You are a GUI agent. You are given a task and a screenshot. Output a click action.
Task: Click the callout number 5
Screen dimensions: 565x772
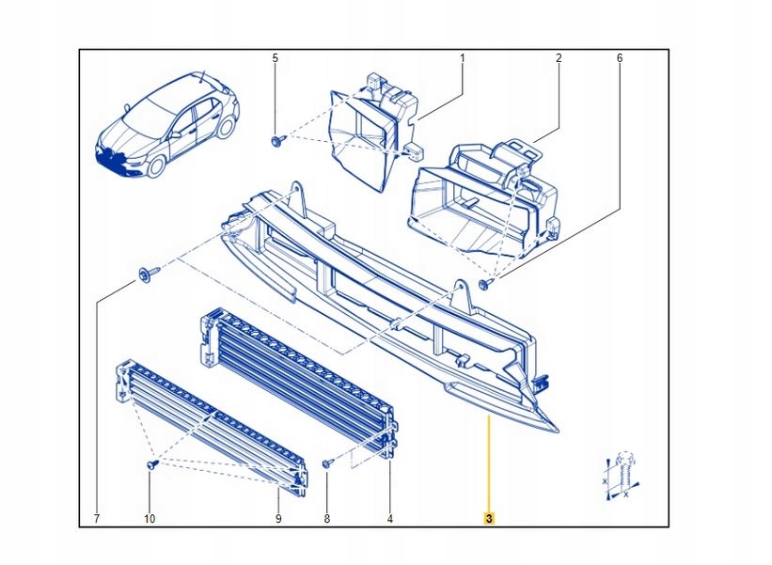point(276,58)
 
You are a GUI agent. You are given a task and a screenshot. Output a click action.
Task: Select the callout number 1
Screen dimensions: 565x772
point(462,58)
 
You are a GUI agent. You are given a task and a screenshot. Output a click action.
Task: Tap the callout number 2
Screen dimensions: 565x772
point(559,58)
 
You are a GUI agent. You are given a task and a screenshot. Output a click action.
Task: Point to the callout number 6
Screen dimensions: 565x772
point(619,58)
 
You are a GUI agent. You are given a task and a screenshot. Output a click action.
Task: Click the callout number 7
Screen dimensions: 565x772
point(97,518)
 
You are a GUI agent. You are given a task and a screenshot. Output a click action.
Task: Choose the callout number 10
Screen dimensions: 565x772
point(150,518)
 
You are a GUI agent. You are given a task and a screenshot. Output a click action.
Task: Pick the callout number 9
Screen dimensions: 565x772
point(278,518)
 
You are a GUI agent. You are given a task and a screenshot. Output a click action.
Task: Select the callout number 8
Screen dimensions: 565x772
point(327,518)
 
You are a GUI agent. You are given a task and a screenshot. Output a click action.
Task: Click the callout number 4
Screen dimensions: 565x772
point(389,518)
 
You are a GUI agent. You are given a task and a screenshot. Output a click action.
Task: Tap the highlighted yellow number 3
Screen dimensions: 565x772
point(489,518)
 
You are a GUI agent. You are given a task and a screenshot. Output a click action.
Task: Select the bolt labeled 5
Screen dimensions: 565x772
point(276,141)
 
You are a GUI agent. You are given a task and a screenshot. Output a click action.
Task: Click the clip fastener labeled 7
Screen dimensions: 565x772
point(148,274)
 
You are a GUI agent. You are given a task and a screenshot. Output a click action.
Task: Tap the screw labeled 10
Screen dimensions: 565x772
point(150,464)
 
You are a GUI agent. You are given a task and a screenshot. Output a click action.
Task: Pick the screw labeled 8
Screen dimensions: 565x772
point(326,463)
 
